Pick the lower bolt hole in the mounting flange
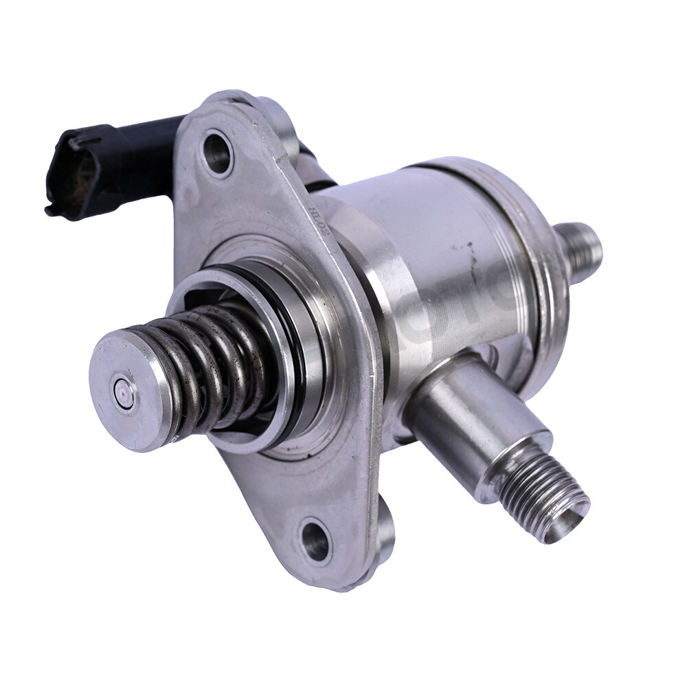pos(316,539)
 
